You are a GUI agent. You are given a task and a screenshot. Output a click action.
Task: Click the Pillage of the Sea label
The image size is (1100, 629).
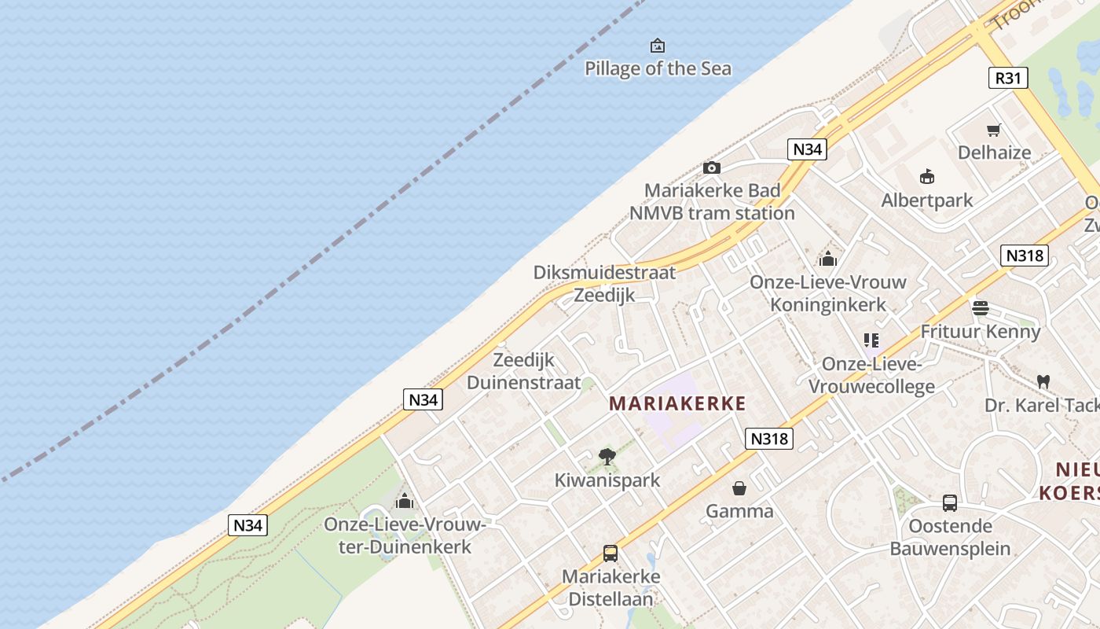click(658, 68)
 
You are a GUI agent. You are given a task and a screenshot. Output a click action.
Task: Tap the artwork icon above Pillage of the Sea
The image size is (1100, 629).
click(658, 46)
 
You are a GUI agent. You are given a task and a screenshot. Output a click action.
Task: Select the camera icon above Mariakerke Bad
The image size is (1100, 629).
click(712, 167)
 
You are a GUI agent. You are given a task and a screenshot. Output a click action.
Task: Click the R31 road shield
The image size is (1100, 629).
click(1007, 78)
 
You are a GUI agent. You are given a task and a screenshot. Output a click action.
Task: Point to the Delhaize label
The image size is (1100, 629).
click(994, 152)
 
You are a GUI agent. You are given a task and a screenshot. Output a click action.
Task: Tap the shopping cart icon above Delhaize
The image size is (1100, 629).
click(994, 130)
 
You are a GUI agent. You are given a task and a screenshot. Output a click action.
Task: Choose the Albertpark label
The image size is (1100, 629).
click(927, 200)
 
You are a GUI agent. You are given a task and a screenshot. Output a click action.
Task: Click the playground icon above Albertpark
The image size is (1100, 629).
click(927, 176)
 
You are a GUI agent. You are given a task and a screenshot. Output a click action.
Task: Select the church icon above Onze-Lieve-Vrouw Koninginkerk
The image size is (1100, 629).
click(828, 259)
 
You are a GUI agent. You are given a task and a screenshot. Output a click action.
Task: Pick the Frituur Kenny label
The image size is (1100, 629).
click(980, 331)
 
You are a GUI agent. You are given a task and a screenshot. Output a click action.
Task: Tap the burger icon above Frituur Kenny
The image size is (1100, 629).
click(980, 307)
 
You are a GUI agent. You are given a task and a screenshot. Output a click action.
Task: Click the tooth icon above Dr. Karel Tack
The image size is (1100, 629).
click(1043, 382)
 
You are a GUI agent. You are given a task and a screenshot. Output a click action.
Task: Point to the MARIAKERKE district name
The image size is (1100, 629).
click(677, 403)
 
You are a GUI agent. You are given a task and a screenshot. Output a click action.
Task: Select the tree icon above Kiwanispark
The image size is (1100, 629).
click(607, 456)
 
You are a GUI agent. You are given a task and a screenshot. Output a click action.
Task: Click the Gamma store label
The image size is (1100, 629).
click(739, 511)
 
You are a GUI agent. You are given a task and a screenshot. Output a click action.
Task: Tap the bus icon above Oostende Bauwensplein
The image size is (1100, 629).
click(950, 502)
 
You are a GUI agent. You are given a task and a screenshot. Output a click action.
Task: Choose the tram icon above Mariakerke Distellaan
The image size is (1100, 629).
click(610, 554)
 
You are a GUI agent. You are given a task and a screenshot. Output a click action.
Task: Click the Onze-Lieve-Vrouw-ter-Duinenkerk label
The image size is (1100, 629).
click(405, 535)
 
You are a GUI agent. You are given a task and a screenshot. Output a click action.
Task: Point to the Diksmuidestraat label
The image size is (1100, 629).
click(604, 273)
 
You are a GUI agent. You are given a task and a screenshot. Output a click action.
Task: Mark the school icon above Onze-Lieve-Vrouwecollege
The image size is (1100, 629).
click(871, 340)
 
